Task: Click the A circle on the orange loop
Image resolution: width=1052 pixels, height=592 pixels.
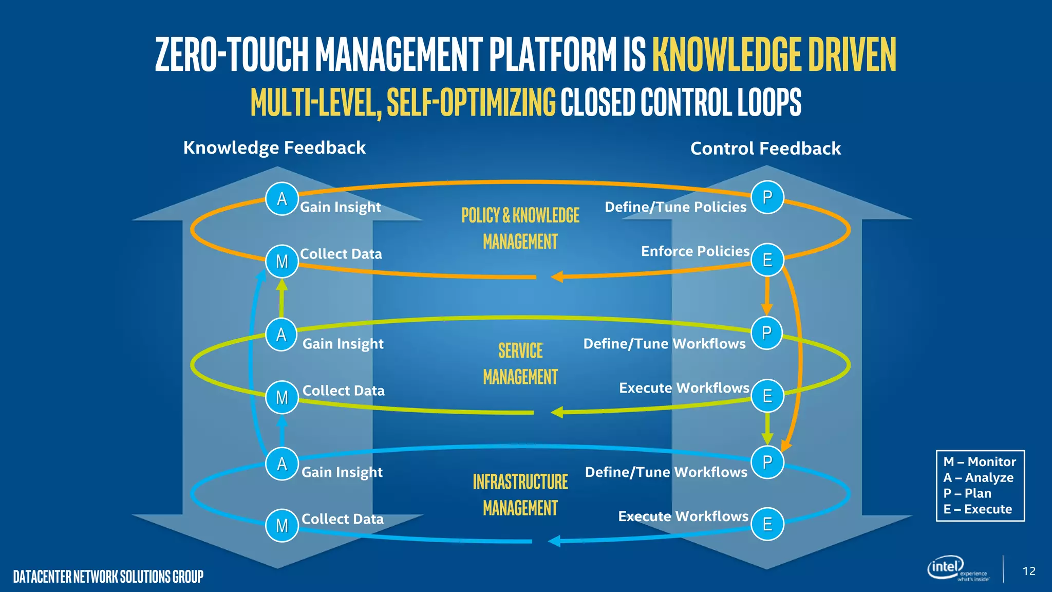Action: point(282,199)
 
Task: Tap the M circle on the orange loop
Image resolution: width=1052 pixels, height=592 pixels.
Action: point(282,262)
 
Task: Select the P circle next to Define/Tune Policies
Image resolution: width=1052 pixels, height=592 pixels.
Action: point(767,197)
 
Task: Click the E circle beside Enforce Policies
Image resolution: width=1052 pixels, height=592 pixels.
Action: point(767,260)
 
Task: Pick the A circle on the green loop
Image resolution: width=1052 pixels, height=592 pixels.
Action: point(281,335)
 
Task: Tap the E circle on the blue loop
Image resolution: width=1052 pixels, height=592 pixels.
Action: point(767,524)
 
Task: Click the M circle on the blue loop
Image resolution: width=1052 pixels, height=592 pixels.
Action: point(282,526)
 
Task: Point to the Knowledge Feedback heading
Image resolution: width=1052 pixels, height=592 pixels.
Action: point(274,148)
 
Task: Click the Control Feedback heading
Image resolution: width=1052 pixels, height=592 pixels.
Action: point(765,149)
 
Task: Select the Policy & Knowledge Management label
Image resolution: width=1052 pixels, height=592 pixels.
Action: point(520,228)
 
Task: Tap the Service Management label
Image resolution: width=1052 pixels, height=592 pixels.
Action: point(520,364)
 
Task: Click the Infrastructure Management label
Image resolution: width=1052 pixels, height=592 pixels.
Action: point(520,494)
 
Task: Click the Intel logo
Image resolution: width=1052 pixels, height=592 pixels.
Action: point(946,567)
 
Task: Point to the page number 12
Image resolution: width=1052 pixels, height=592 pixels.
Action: point(1029,571)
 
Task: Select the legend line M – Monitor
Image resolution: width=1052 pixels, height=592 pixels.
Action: point(980,462)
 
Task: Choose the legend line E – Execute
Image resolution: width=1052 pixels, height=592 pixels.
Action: point(978,509)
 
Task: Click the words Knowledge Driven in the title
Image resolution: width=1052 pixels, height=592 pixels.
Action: point(774,54)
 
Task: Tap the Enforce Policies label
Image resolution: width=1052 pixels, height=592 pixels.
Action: point(695,251)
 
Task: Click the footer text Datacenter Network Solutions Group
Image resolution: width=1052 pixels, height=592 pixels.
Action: point(108,577)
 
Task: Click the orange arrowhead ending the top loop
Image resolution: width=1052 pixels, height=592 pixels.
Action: point(557,277)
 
